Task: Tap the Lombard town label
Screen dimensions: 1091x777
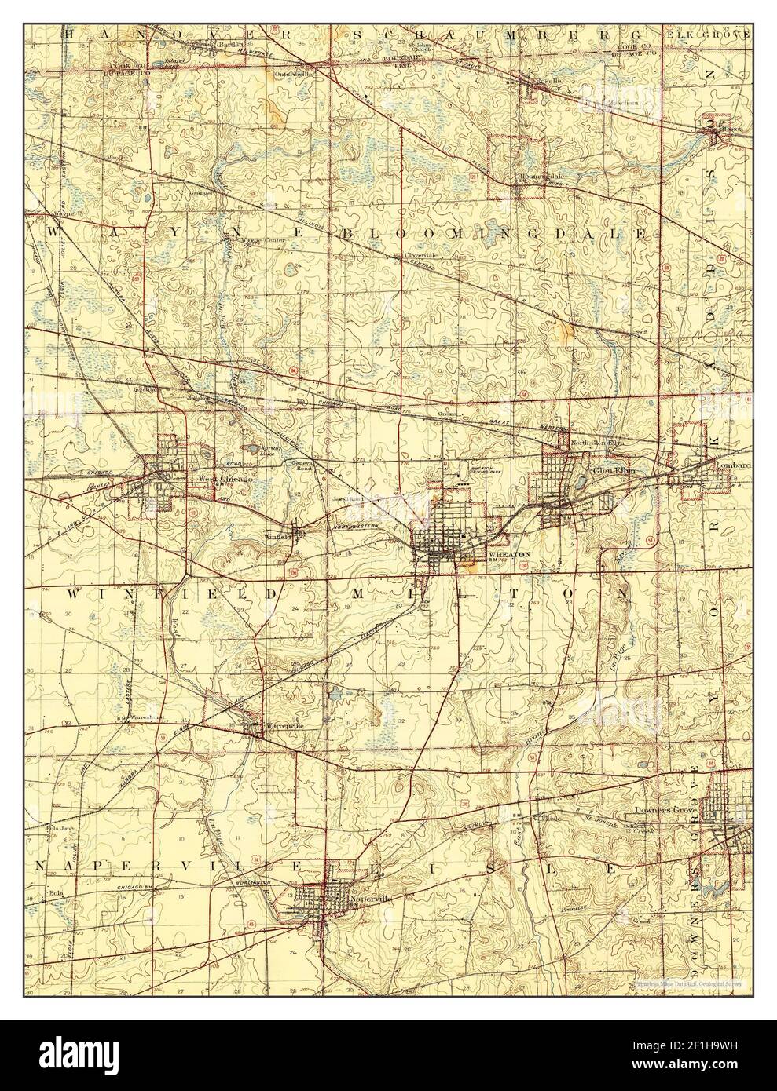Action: pyautogui.click(x=733, y=465)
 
